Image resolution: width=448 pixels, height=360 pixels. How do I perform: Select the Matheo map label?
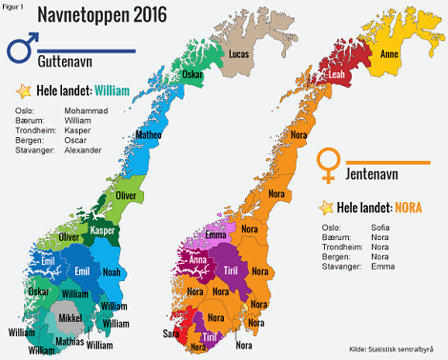pyautogui.click(x=150, y=136)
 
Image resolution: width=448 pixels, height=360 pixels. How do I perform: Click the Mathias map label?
pyautogui.click(x=69, y=340)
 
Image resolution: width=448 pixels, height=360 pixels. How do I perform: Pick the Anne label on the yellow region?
pyautogui.click(x=390, y=55)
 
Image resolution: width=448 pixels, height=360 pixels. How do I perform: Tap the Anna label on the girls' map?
pyautogui.click(x=198, y=258)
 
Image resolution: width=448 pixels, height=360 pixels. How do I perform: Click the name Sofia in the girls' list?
pyautogui.click(x=379, y=228)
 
